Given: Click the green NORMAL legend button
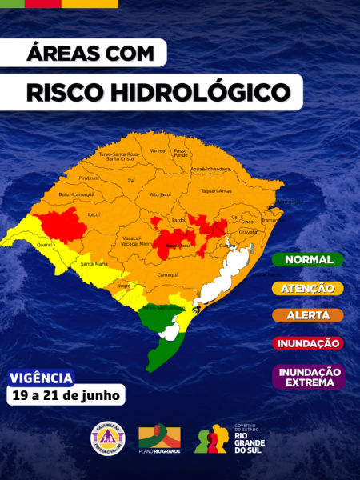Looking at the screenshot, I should point(308,259).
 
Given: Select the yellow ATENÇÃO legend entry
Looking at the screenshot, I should point(308,287).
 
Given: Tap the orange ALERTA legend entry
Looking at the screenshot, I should point(308,314).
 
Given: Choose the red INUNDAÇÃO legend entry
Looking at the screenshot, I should point(308,342).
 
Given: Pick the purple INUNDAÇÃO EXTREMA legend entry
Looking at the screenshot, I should point(308,376).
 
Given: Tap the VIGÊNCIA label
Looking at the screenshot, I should point(41,378).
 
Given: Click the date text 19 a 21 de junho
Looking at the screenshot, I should point(65,394).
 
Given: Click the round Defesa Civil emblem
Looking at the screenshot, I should point(106,438).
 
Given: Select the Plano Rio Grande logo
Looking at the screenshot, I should point(160,438).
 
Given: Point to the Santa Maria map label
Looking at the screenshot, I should point(94,263).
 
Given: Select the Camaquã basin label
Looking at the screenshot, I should point(167,274).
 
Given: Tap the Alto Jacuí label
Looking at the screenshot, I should point(160,194).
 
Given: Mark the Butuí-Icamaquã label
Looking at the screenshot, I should point(76,194).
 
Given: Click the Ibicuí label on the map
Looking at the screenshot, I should point(94,215).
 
